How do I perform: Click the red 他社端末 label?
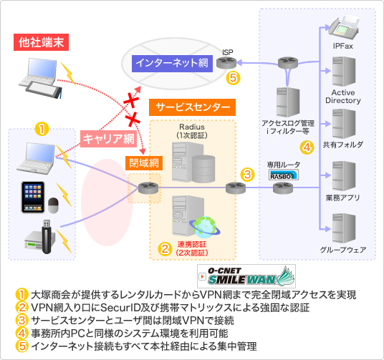click(41, 42)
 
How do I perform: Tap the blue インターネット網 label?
click(172, 64)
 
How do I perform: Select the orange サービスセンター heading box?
click(192, 107)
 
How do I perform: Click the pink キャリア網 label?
click(108, 139)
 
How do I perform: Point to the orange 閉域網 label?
click(144, 163)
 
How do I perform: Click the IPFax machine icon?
click(344, 28)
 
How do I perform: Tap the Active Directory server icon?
click(344, 72)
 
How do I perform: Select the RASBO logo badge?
click(284, 175)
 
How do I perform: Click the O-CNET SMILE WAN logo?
click(246, 276)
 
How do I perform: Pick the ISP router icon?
click(226, 63)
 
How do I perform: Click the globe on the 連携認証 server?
click(204, 227)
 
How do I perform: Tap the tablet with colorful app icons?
click(33, 198)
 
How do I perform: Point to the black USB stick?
click(47, 237)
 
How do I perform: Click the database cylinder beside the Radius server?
click(203, 169)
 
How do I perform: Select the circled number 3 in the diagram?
click(247, 175)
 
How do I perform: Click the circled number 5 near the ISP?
click(233, 78)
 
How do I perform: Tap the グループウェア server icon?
click(344, 228)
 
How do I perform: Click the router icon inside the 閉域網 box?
click(148, 188)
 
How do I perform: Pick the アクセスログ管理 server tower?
click(288, 102)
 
